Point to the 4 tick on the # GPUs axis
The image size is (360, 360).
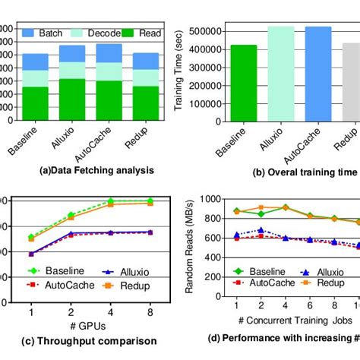click(x=110, y=311)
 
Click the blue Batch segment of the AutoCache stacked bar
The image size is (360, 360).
click(x=109, y=52)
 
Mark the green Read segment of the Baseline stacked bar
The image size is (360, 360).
click(x=34, y=104)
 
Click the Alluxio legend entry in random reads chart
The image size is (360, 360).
click(x=320, y=271)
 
